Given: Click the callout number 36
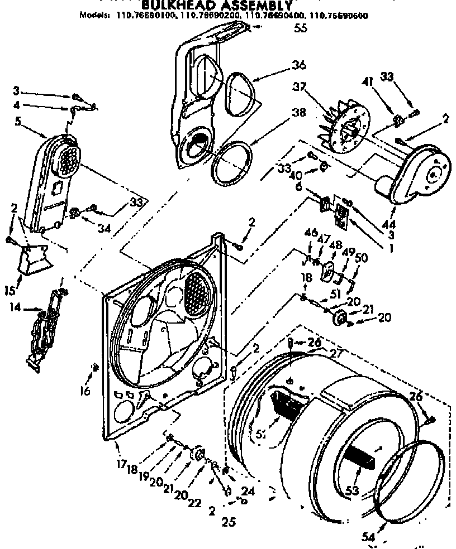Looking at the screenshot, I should [299, 65].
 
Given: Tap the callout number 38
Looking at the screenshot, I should [298, 113].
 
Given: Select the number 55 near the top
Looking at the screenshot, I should [301, 30].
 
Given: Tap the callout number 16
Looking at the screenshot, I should [84, 392].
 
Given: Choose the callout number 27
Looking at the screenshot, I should [336, 353].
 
